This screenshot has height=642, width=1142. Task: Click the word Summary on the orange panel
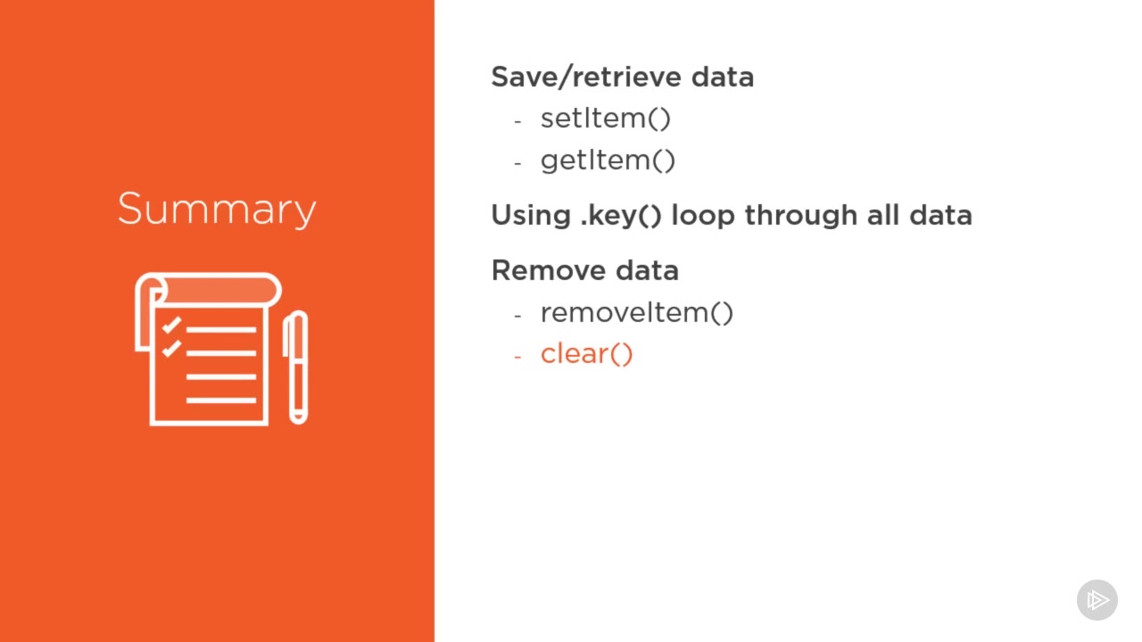coord(217,209)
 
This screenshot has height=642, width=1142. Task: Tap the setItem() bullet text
coord(605,119)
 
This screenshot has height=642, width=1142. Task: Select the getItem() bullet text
coord(608,161)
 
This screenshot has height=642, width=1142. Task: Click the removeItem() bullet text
coord(637,312)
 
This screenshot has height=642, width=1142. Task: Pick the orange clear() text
coord(586,354)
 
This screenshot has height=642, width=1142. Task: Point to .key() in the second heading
coord(620,216)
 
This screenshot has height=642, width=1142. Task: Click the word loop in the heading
coord(703,216)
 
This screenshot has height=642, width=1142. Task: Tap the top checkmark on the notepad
coord(171,325)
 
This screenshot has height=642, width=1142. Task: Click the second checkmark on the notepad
coord(171,349)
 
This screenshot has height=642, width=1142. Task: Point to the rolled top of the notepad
coord(214,290)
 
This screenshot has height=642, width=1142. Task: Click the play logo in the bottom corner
coord(1097,600)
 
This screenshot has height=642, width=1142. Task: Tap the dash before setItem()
coord(518,121)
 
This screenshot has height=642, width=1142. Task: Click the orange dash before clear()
coord(518,356)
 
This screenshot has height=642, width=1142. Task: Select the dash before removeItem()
coord(518,316)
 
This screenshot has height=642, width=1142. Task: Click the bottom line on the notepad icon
coord(221,400)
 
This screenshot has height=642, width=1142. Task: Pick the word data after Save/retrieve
coord(723,77)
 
